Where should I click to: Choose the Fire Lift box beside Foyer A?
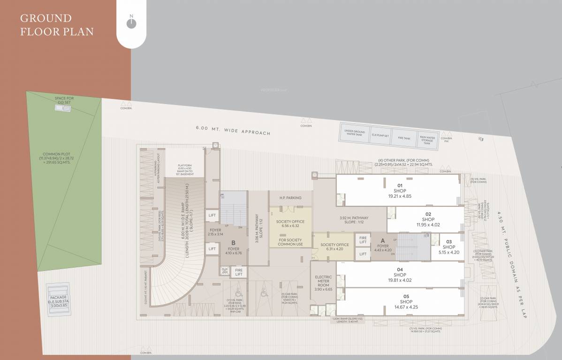click(x=363, y=240)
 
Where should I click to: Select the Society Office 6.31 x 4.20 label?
click(x=334, y=247)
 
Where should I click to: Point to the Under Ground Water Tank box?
click(x=355, y=133)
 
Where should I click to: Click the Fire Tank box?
click(x=404, y=138)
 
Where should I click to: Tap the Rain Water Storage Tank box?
click(x=427, y=140)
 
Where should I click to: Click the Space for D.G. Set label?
click(x=64, y=100)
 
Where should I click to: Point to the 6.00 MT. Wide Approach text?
click(x=233, y=130)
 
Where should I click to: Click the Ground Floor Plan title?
click(x=57, y=25)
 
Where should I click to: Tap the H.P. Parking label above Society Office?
click(x=290, y=198)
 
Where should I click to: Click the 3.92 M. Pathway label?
click(x=354, y=219)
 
